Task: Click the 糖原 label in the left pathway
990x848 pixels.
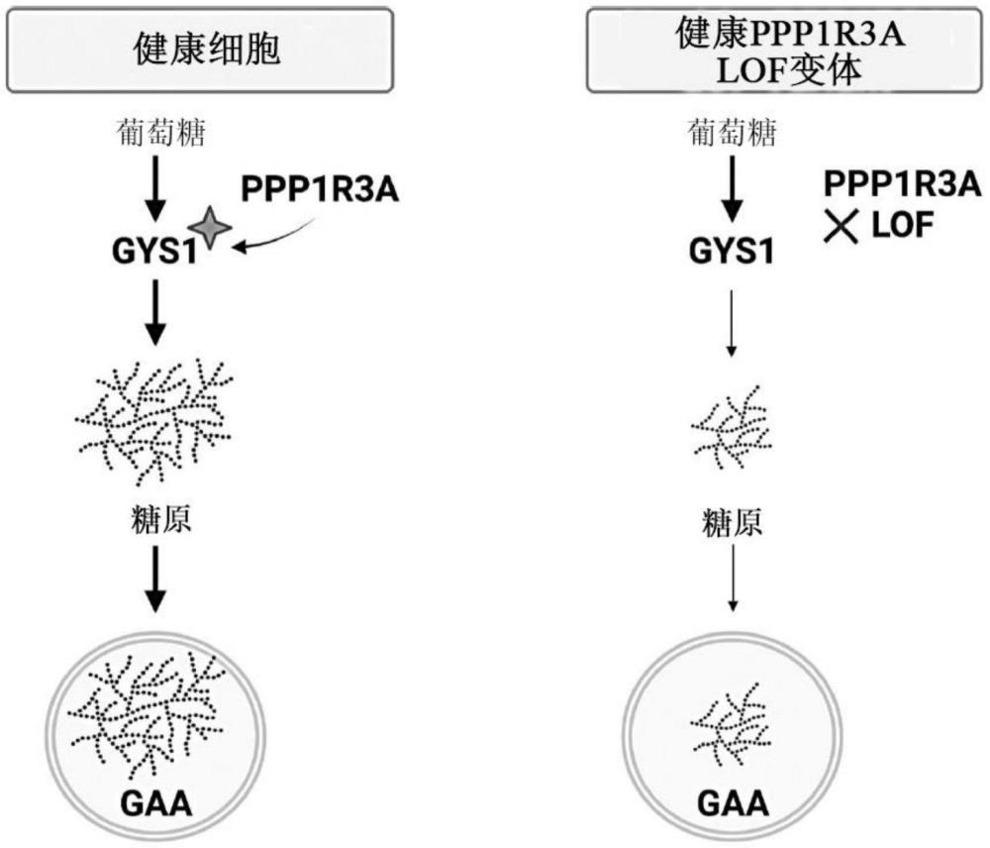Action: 154,520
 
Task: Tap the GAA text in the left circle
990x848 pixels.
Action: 154,798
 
